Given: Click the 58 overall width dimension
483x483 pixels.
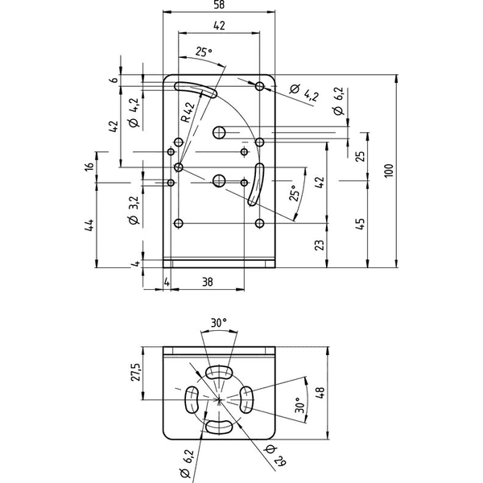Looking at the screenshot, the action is pos(219,5).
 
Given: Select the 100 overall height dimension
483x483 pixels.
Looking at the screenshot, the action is pos(389,171).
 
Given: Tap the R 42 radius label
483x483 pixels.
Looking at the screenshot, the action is pos(188,112).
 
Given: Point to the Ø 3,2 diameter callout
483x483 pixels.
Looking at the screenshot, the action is pos(134,210).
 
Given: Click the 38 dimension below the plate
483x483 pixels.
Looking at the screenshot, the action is pos(208,282).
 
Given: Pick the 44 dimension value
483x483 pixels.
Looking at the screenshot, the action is pos(89,225).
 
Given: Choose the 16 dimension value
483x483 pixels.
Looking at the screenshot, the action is pos(89,166).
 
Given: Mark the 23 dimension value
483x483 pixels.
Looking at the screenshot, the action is pos(320,245).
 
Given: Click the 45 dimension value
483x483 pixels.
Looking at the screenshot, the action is pos(360,224).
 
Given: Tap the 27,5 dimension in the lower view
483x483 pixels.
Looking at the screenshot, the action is pos(136,372).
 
